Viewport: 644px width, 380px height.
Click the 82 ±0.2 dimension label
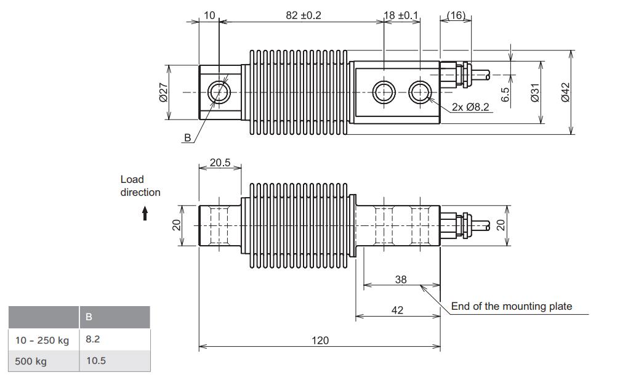300,15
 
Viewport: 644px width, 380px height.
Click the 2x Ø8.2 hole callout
470,107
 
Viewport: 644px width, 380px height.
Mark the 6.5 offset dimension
504,94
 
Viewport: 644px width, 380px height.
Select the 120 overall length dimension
320,340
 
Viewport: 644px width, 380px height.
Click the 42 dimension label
398,310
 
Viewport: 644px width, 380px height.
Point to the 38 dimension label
400,279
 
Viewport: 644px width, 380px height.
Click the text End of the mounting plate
512,306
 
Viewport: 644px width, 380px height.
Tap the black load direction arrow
145,214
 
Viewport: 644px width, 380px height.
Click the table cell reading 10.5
96,361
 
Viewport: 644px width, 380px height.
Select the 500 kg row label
31,361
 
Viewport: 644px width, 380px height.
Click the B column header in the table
89,318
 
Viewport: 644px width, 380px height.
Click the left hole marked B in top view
219,92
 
